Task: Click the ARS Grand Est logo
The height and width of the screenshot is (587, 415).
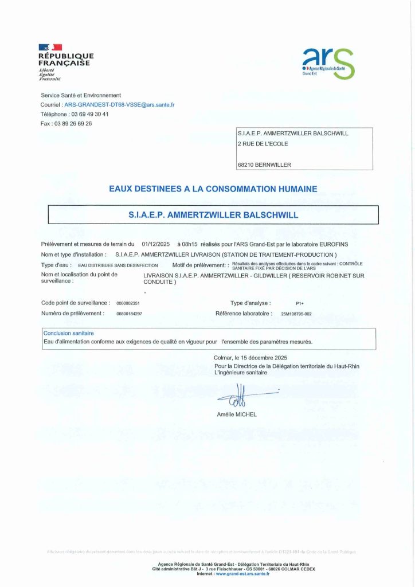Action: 328,63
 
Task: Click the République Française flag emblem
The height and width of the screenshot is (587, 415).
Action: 50,48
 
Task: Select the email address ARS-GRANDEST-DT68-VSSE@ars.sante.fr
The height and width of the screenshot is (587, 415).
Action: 119,105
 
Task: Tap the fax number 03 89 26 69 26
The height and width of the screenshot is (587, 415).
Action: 72,123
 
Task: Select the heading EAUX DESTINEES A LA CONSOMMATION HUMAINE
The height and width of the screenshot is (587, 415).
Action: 213,188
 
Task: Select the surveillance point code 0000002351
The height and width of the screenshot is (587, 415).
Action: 128,303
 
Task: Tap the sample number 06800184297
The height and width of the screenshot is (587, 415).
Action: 129,314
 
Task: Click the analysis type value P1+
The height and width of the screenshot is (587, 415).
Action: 299,303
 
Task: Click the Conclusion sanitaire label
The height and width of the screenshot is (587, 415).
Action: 69,333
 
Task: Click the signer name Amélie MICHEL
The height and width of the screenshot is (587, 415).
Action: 237,414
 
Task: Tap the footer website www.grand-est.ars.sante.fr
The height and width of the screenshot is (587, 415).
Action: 243,573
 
